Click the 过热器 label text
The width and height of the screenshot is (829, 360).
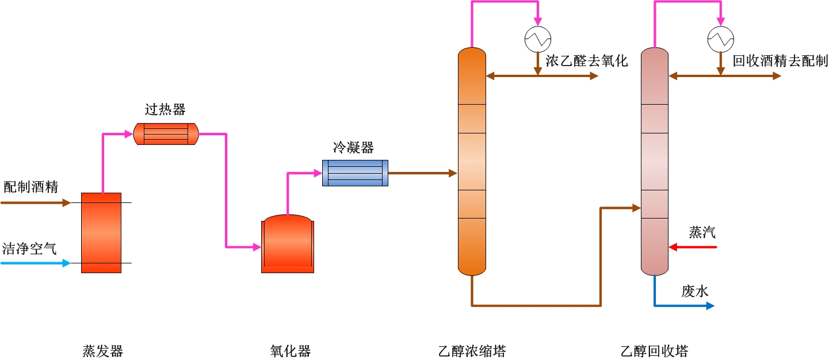point(165,110)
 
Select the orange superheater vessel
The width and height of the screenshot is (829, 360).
point(166,134)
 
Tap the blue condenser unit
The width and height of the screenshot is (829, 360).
point(355,173)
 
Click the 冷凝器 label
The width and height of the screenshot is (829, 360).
point(353,148)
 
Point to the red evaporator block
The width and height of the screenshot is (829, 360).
point(101,232)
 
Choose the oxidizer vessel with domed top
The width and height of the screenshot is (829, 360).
point(288,244)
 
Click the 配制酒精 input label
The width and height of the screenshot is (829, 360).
point(30,187)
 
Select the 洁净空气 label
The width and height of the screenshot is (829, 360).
point(30,249)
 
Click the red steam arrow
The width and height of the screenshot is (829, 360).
point(693,247)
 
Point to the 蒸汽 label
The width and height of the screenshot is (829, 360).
point(702,232)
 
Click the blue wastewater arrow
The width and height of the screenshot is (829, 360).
point(685,305)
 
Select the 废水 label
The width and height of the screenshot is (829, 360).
point(695,291)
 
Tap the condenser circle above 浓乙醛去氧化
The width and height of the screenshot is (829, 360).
point(538,39)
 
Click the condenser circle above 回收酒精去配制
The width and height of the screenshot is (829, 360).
point(720,39)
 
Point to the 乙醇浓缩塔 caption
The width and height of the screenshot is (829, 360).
point(472,351)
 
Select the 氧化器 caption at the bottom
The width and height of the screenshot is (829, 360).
point(290,351)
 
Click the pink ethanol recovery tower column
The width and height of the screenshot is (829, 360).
point(655,161)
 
